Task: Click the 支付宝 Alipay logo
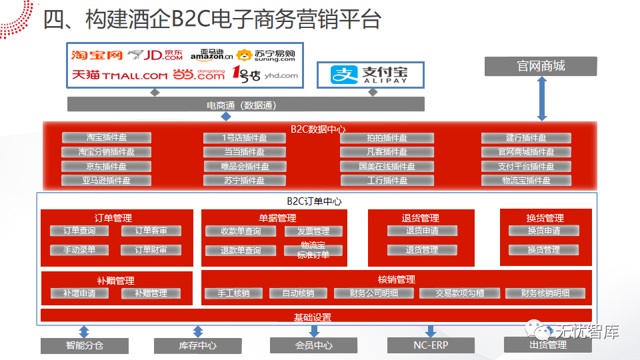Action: tap(371, 75)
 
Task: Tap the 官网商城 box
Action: tap(541, 66)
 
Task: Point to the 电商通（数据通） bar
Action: tap(245, 105)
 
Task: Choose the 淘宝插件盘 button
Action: tap(107, 138)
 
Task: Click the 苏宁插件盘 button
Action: tap(245, 181)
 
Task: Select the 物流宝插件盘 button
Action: tap(526, 181)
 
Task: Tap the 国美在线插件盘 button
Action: tap(387, 167)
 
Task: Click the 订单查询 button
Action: tap(79, 231)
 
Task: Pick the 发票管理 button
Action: tap(313, 231)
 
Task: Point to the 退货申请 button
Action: tap(422, 231)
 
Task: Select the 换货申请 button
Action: tap(543, 231)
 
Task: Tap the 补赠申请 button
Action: tap(79, 293)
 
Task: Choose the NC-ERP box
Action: tap(431, 345)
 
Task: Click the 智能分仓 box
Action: tap(84, 346)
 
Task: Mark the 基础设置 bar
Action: tap(316, 316)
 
